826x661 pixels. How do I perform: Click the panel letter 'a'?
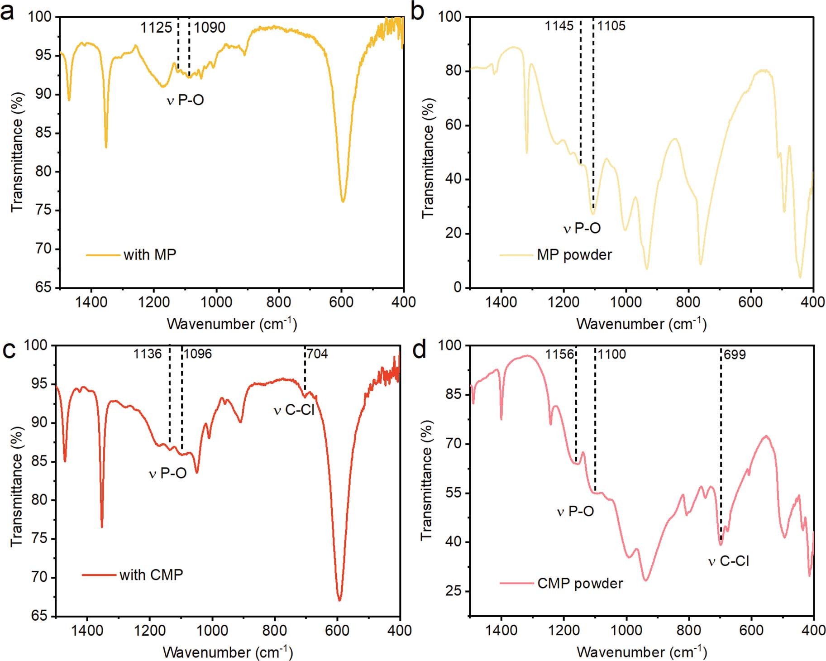coord(8,12)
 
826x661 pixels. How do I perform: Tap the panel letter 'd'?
coord(420,350)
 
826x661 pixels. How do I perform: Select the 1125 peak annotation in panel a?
coord(156,28)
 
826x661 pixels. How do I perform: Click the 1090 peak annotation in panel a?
coord(210,28)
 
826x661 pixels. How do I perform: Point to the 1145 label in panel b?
coord(559,26)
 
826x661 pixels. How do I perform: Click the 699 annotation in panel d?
coord(734,354)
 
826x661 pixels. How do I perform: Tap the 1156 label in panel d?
coord(559,354)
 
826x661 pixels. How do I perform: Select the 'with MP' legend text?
coord(150,255)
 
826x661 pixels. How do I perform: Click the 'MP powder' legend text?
coord(574,255)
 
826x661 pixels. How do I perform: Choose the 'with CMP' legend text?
coord(151,575)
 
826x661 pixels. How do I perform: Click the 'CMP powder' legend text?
coord(580,583)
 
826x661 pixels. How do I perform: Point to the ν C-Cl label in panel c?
coord(294,410)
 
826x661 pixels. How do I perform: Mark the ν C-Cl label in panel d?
coord(729,561)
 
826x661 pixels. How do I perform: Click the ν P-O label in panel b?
coord(582,228)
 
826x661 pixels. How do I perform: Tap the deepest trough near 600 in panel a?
coord(343,201)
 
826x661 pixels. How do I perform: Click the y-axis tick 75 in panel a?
coord(43,211)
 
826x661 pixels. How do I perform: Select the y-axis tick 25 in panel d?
coord(454,591)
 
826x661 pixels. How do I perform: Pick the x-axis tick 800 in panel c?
coord(275,630)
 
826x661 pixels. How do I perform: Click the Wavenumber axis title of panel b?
coord(641,324)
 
